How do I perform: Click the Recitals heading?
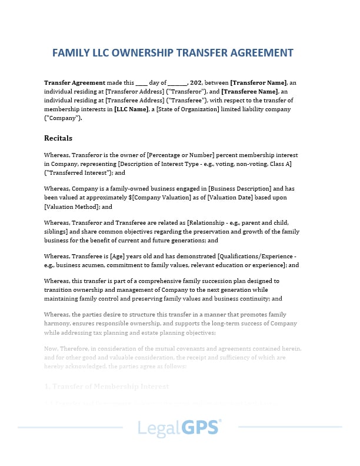(58, 138)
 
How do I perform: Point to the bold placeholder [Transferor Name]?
(258, 82)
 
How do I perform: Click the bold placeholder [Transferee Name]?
(250, 91)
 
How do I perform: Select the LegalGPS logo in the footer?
(179, 428)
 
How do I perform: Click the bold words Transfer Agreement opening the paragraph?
(75, 82)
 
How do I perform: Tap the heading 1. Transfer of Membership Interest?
(106, 387)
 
